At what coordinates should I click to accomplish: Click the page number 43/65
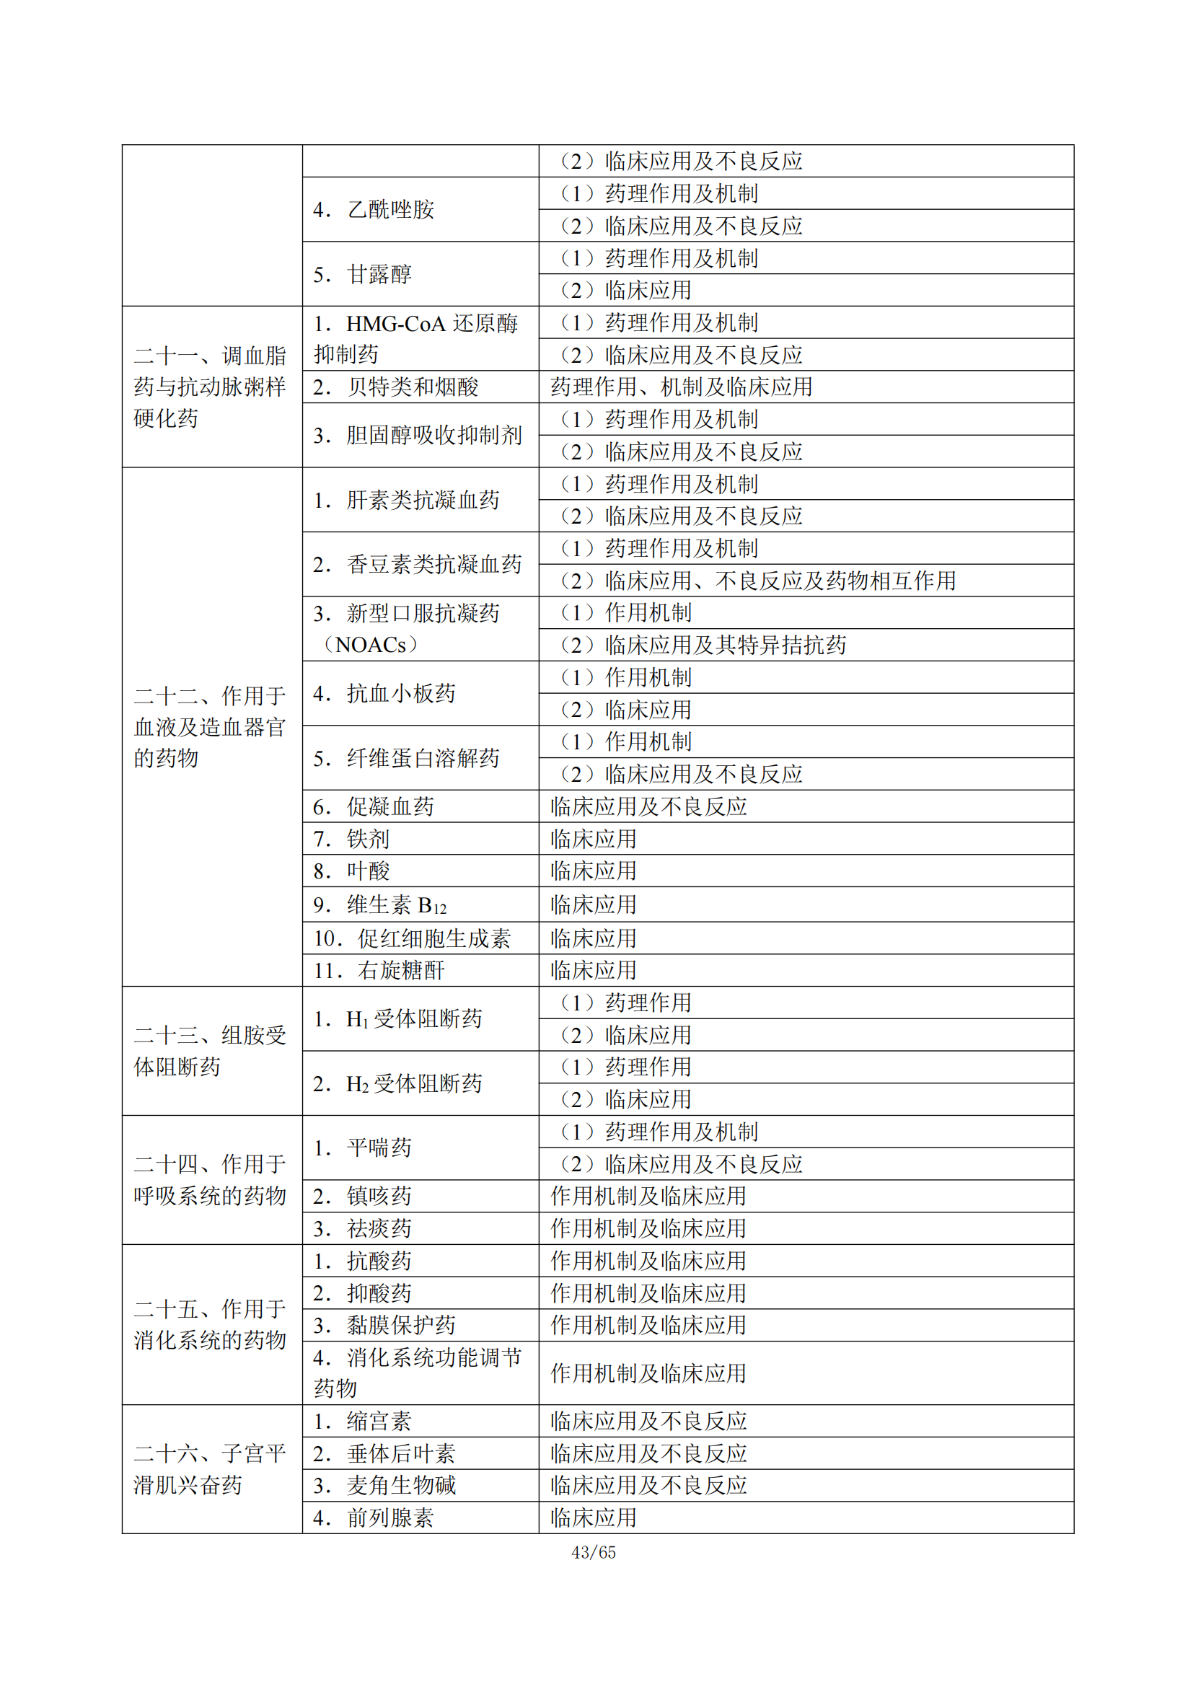(594, 1553)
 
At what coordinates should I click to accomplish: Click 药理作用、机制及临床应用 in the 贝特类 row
(681, 387)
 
